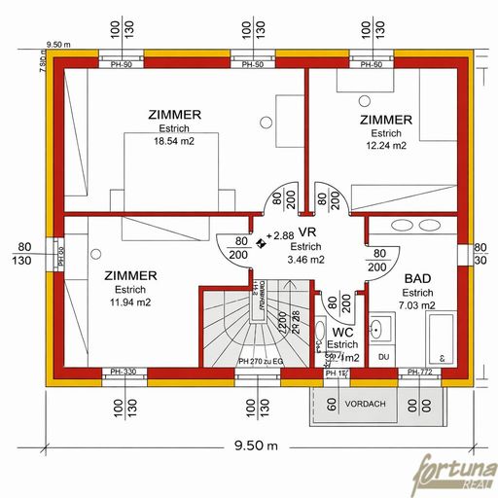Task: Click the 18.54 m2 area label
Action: tap(175, 141)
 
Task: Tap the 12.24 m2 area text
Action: tap(385, 146)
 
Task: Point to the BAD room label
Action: tap(417, 277)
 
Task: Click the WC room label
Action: tap(342, 332)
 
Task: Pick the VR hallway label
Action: tap(308, 232)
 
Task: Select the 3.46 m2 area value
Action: tap(307, 260)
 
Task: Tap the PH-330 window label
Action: tap(123, 372)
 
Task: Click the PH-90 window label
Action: tap(122, 65)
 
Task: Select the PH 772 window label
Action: tap(420, 372)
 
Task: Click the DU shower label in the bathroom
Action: tap(383, 356)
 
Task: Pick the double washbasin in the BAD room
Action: tap(414, 226)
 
